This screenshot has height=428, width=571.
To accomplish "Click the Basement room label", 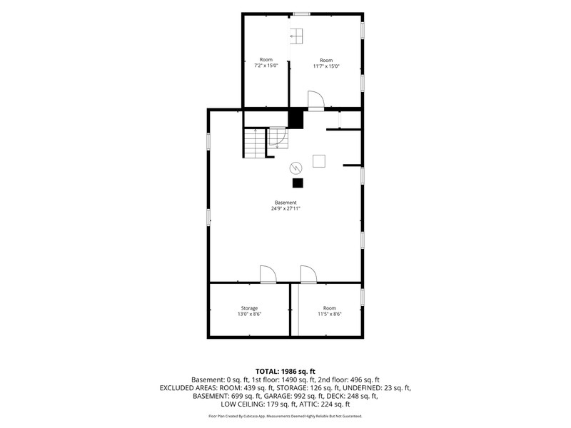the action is tap(285, 203).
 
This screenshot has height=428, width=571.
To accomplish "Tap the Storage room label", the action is tap(249, 308).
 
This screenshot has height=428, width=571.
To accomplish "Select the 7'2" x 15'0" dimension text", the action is tap(266, 66).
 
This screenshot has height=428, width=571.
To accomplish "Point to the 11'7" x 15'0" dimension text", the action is tap(326, 66).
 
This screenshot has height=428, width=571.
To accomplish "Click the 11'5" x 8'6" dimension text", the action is tap(330, 314).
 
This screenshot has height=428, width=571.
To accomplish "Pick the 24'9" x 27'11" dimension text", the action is tap(285, 208).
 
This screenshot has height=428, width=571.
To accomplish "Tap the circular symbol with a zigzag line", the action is tap(295, 168).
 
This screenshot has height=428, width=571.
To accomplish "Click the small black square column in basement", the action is tap(298, 183).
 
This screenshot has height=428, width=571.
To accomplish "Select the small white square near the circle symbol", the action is tap(319, 161).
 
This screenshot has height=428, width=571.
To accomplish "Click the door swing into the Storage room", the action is tap(268, 274).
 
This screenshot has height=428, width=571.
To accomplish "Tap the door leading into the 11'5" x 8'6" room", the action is tap(308, 274).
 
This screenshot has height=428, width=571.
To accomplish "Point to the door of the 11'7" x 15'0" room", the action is tap(315, 100).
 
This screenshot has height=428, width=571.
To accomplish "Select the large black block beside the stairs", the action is tap(295, 119).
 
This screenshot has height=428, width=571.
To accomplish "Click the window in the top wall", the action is tap(302, 14).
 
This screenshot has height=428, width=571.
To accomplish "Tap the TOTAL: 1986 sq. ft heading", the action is tap(285, 372).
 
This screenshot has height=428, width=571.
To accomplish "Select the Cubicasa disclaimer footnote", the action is tap(285, 416).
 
